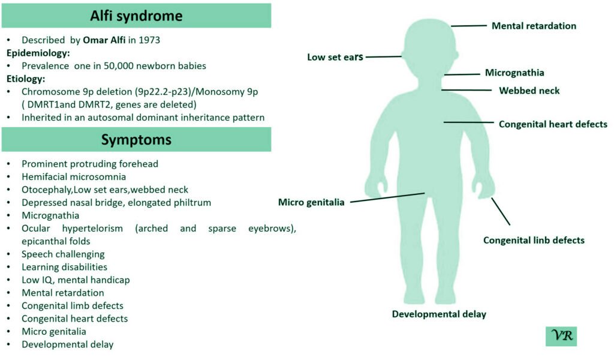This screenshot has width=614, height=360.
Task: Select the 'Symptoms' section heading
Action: (x=136, y=140)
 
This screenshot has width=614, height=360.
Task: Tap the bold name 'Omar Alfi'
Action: (x=106, y=40)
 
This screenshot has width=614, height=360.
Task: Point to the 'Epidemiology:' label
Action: (x=40, y=53)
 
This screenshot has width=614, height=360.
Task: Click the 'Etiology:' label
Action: (x=26, y=79)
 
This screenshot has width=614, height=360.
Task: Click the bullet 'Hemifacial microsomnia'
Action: (x=74, y=176)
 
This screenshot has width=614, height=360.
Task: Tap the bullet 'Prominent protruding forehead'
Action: (x=90, y=163)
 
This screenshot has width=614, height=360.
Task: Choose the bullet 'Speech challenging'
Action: (x=63, y=254)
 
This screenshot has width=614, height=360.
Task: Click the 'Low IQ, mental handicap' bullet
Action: (x=76, y=280)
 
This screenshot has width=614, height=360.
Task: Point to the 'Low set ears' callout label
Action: (x=335, y=58)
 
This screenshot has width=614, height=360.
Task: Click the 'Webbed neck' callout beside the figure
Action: (x=529, y=91)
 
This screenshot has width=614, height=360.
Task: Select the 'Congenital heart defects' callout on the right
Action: (x=553, y=124)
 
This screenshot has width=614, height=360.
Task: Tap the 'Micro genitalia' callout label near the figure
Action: (x=311, y=202)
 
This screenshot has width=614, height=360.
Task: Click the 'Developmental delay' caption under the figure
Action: (x=439, y=314)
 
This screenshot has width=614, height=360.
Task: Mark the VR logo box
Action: (x=561, y=336)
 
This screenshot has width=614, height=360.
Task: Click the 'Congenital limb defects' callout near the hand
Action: (x=534, y=240)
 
